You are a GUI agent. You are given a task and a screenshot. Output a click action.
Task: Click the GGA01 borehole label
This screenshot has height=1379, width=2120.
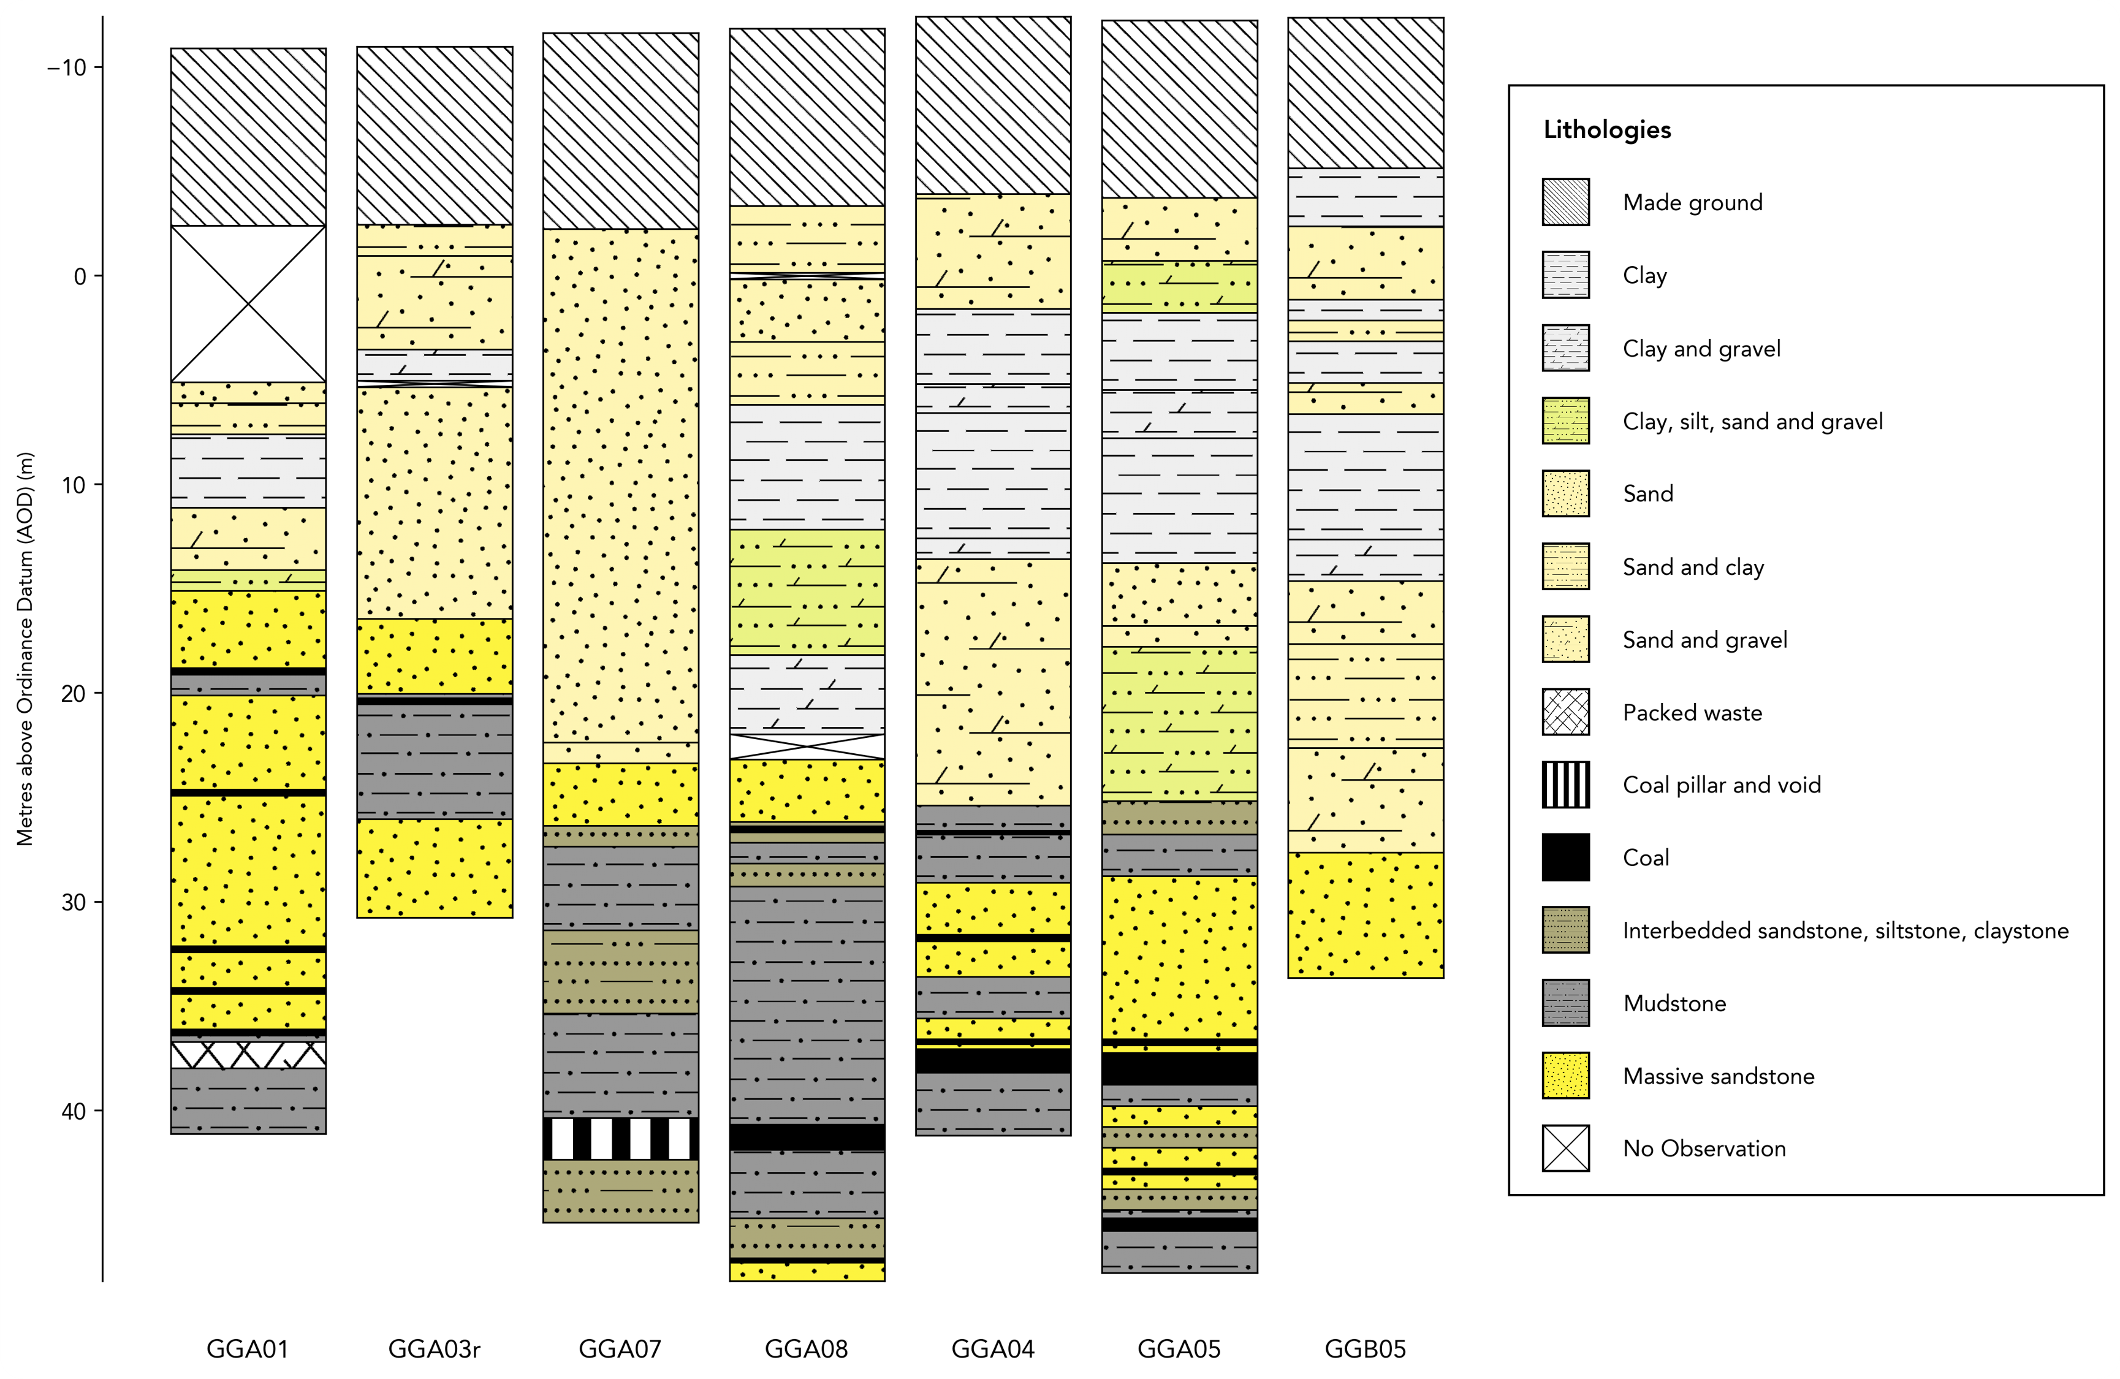[x=248, y=1349]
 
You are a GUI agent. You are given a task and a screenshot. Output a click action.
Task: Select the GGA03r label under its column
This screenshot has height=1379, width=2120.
[x=434, y=1349]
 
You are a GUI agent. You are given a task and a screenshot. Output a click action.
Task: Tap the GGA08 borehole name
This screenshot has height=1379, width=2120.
[x=806, y=1349]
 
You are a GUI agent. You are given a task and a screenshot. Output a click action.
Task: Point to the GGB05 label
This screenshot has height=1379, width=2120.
[x=1365, y=1349]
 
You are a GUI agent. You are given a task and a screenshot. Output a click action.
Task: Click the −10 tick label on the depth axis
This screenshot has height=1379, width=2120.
[x=67, y=67]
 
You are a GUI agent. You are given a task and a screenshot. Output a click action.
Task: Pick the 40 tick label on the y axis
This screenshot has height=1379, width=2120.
[x=74, y=1111]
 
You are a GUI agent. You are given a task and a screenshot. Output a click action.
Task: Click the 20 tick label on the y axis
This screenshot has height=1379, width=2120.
[x=74, y=693]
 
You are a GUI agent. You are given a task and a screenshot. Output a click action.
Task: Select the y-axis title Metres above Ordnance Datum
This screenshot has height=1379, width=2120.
[x=25, y=648]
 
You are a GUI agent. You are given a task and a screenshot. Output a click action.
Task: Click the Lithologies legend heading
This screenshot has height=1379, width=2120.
[x=1607, y=130]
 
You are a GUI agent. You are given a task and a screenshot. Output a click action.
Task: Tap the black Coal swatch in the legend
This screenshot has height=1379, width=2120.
[x=1565, y=857]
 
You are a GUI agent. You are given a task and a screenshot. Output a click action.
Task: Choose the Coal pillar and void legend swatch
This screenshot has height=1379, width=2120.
[x=1565, y=785]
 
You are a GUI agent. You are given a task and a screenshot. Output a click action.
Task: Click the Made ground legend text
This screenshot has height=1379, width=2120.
[x=1692, y=202]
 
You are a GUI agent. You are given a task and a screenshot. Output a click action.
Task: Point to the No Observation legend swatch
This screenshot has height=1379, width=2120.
[x=1565, y=1149]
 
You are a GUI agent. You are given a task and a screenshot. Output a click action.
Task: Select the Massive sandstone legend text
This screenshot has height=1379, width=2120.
[x=1719, y=1076]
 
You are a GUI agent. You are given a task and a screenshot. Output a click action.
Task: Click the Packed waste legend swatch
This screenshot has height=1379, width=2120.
[x=1565, y=712]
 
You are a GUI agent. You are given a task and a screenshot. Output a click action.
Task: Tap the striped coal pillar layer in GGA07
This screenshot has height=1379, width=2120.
[x=621, y=1139]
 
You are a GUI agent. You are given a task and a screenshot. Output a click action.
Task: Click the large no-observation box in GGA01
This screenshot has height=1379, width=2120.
[x=248, y=304]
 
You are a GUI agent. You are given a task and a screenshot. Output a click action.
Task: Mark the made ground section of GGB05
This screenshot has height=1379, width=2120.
[x=1366, y=93]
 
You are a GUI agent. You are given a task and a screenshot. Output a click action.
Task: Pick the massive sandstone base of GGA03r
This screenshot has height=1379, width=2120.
[x=435, y=868]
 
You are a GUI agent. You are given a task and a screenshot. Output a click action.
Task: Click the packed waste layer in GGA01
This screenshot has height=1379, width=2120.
[x=248, y=1055]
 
